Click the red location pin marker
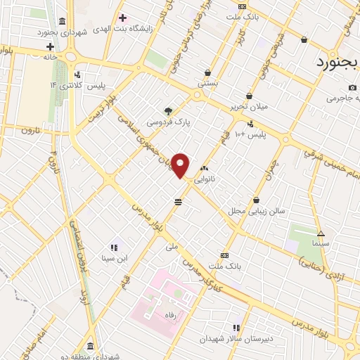(181, 165)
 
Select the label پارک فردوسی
(168, 122)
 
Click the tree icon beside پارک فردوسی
(167, 110)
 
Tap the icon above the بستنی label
(208, 72)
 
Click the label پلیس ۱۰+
(250, 133)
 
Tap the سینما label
(321, 243)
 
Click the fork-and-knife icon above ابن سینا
(113, 247)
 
